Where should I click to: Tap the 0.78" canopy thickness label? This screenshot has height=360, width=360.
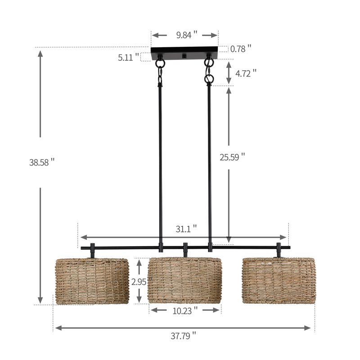tap(240, 49)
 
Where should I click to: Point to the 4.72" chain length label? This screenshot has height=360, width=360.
tap(247, 72)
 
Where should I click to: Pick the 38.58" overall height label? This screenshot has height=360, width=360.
tap(41, 162)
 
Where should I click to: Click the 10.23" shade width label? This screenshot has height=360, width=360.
tap(185, 310)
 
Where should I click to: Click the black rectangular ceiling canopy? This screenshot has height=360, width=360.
tap(184, 53)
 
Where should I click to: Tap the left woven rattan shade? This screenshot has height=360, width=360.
tap(92, 280)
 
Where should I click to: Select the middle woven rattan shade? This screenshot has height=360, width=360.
tap(185, 279)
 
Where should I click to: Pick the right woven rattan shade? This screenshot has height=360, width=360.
tap(278, 280)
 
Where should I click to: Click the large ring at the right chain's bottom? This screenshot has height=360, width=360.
tap(209, 80)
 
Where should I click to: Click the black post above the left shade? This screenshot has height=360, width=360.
tap(93, 250)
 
